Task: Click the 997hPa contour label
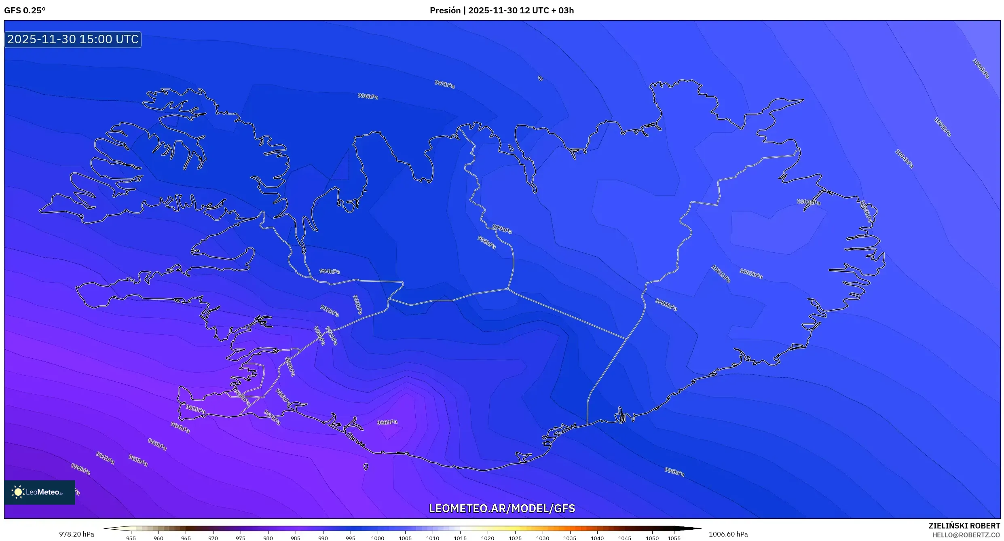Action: click(x=444, y=84)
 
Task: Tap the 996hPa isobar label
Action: click(x=368, y=96)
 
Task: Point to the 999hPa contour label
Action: click(x=502, y=229)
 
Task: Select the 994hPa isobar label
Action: click(x=330, y=271)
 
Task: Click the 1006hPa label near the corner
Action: click(x=981, y=69)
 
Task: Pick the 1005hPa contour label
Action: click(x=942, y=127)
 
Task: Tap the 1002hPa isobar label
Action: click(x=751, y=273)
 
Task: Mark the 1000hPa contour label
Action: click(x=666, y=304)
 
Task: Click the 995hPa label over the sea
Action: click(x=674, y=472)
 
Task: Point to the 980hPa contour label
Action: click(x=80, y=469)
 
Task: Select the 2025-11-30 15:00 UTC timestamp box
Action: click(x=73, y=39)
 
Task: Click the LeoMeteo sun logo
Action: click(x=18, y=492)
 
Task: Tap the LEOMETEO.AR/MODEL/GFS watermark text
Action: click(x=502, y=508)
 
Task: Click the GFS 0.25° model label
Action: click(x=25, y=11)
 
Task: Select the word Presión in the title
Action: click(x=445, y=11)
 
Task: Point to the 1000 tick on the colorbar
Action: click(x=377, y=538)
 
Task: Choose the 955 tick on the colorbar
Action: click(x=131, y=538)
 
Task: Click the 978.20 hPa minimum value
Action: click(x=76, y=534)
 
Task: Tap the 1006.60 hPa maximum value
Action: click(x=728, y=534)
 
